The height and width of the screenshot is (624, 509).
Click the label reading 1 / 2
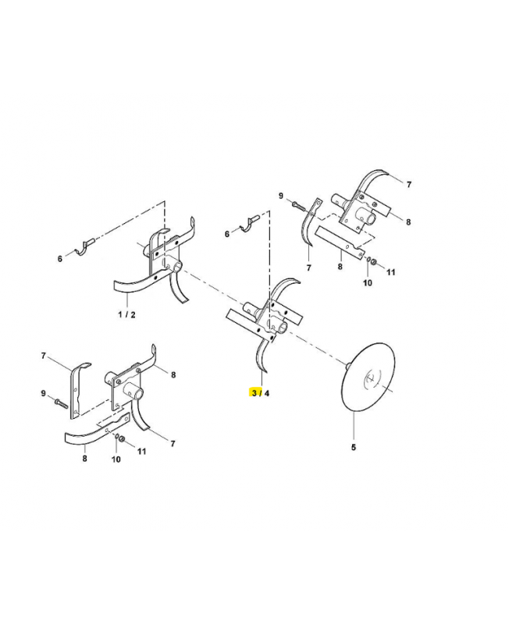[126, 314]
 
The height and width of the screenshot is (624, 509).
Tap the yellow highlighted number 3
[254, 393]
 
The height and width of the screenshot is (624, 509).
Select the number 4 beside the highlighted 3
[266, 393]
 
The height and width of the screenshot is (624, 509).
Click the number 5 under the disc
[354, 447]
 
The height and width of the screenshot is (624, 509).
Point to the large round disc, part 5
[368, 376]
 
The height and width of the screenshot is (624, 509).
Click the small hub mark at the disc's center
[369, 379]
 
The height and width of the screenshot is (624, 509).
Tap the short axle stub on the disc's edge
[347, 364]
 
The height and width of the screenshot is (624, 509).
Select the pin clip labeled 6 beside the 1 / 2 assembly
[84, 247]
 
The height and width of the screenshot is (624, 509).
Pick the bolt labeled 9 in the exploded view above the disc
[298, 206]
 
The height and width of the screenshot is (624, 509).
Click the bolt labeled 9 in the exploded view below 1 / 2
[61, 402]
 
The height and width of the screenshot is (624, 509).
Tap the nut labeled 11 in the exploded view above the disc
[375, 261]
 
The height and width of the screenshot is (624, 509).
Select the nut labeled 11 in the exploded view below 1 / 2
[123, 439]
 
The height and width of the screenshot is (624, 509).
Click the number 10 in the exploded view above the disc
[367, 282]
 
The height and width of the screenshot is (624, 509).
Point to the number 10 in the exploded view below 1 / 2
[116, 459]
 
